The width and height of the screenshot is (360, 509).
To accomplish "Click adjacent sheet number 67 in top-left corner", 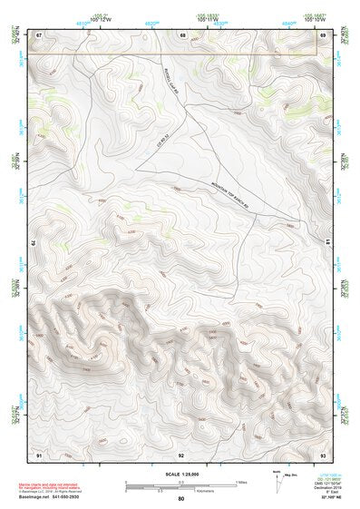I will click(x=39, y=34).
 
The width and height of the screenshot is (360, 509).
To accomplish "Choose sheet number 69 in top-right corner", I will click(x=322, y=34).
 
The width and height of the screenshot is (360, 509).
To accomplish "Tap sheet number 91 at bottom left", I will click(x=39, y=454).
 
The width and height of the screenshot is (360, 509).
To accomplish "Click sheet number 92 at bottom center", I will click(x=181, y=454).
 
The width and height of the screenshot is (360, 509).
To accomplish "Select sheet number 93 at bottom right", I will click(x=322, y=454).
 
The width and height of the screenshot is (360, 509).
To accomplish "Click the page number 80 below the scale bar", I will click(x=181, y=499).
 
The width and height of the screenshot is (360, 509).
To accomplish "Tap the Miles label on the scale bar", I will click(x=241, y=482).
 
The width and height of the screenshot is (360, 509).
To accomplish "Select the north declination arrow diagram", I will click(x=277, y=484).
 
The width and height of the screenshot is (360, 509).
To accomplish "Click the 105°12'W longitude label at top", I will click(x=101, y=19).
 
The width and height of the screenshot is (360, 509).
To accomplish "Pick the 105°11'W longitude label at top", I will click(x=209, y=19).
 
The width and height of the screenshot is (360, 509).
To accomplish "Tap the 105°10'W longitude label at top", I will click(x=315, y=19).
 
